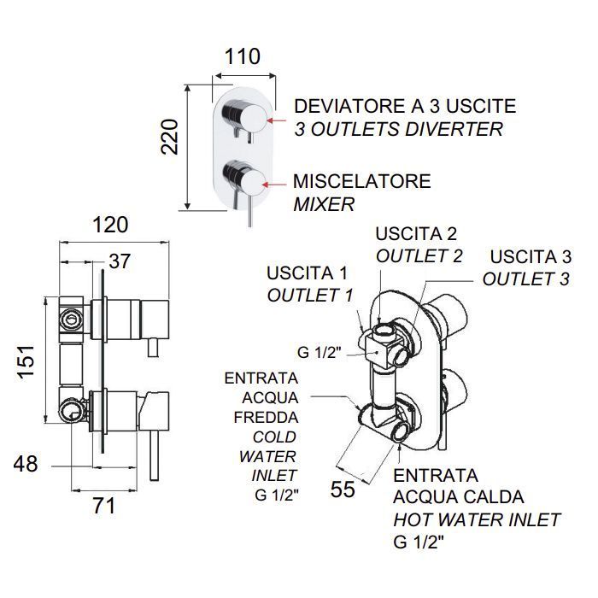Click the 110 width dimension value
point(242,57)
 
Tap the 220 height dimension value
point(169,137)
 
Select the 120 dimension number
point(110,225)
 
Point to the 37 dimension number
point(120,261)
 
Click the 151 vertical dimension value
point(26,362)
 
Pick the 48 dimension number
point(26,464)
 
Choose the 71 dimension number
point(103,506)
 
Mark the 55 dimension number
point(343,490)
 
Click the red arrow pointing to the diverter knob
point(276,120)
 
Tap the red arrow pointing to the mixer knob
point(274,185)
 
